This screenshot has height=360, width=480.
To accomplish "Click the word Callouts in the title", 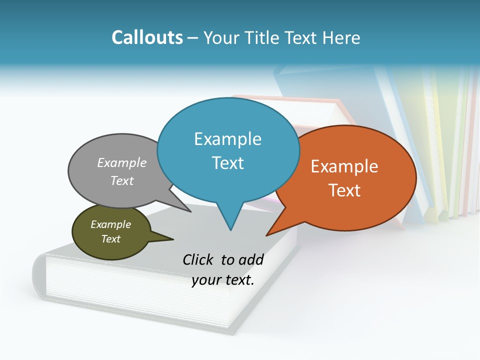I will coord(147,37).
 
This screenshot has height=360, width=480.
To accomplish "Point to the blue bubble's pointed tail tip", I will coord(230,230).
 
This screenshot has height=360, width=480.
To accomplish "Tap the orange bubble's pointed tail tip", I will coord(267,234).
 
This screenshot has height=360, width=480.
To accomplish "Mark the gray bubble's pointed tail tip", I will coord(190,211).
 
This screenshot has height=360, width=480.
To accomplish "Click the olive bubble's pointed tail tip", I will coord(173,239).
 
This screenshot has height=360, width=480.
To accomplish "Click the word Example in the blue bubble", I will coord(227,139).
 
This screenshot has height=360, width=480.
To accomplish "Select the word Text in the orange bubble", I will coord(344,190).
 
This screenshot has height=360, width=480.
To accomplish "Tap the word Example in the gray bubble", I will coord(121,162).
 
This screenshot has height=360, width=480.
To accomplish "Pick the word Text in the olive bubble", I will coord(111,239).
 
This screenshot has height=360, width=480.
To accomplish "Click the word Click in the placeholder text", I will coord(198,259).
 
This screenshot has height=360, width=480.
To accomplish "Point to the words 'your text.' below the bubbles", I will coord(223,280).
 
